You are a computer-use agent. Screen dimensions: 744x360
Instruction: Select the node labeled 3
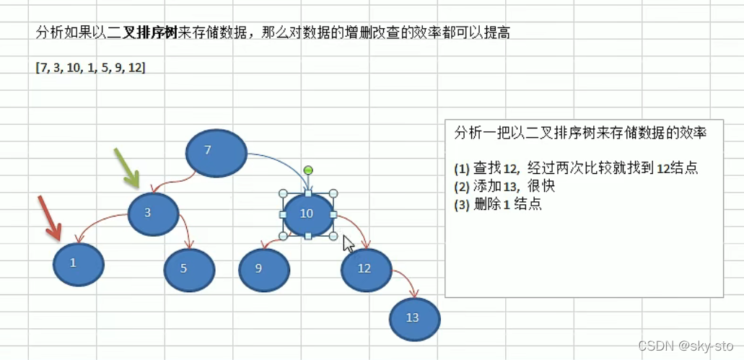(152, 213)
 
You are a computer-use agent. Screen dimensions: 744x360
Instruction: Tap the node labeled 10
(308, 214)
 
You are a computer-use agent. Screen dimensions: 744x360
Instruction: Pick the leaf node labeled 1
(78, 264)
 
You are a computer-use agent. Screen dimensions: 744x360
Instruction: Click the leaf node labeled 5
(189, 269)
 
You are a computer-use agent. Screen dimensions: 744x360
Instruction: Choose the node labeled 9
(264, 268)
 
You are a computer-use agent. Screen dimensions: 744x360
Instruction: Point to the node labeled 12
(366, 269)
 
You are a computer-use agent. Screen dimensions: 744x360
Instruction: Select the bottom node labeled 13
(414, 318)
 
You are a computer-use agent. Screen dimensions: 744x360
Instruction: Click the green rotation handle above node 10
(308, 170)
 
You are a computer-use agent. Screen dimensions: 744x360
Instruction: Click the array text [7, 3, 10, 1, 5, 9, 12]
(90, 67)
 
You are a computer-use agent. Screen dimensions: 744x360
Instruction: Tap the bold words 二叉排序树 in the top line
(143, 32)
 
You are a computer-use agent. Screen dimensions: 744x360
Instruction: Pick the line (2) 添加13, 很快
(504, 186)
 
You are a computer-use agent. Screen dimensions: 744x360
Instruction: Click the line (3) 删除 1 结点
(498, 204)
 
